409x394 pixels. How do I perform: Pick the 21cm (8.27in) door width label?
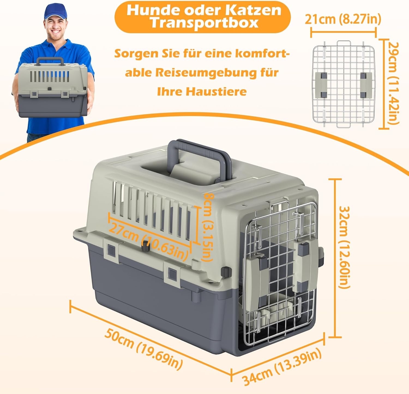(343, 19)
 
